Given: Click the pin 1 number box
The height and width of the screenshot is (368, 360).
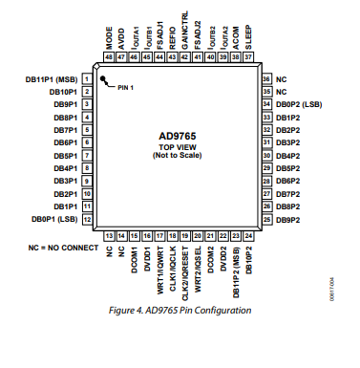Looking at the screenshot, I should (x=87, y=79).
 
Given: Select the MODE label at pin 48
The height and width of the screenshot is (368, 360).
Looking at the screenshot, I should (x=110, y=39).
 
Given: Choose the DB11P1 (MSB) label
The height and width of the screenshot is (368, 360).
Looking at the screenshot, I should (x=53, y=79).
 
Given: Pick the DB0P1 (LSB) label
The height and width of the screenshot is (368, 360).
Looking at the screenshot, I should (x=53, y=220).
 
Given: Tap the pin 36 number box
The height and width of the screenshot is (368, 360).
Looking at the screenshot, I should (x=267, y=79).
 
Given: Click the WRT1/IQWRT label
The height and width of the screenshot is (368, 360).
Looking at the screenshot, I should (x=159, y=266).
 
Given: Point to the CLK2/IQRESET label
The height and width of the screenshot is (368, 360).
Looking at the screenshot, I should (x=184, y=269).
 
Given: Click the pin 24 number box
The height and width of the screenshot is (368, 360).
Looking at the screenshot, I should (x=247, y=235).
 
